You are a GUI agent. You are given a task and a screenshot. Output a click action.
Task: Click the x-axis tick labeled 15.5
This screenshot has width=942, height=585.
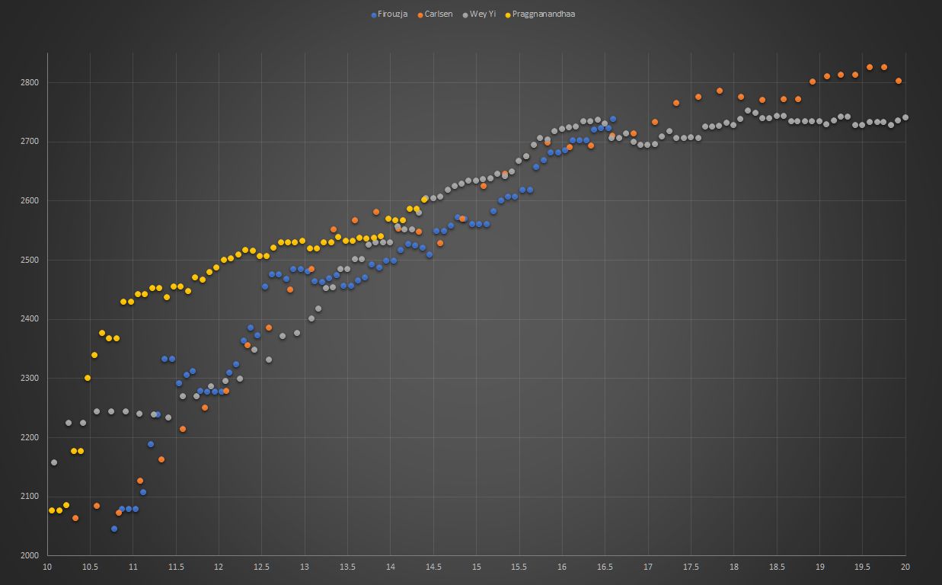519,567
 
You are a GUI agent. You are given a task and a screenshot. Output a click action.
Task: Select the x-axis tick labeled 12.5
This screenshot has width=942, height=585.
262,567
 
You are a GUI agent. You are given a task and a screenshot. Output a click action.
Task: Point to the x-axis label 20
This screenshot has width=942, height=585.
905,567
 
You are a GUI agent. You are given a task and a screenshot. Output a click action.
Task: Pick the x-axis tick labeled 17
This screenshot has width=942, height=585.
648,567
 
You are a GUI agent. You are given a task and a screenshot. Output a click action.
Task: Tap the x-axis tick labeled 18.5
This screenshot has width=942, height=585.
777,567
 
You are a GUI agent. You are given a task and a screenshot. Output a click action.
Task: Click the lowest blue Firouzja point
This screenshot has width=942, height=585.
114,529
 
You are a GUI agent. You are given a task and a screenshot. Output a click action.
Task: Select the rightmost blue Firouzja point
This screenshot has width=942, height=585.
613,119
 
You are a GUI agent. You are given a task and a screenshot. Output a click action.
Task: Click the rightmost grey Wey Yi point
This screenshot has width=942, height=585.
905,117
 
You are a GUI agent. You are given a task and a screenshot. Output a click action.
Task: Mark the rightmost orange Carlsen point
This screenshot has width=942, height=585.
899,81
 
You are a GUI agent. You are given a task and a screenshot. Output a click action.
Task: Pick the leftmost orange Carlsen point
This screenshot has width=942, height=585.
75,518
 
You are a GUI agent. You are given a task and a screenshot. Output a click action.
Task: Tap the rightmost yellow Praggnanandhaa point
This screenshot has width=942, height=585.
424,200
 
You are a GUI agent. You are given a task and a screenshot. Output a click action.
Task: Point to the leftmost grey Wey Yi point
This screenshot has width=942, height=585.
54,462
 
